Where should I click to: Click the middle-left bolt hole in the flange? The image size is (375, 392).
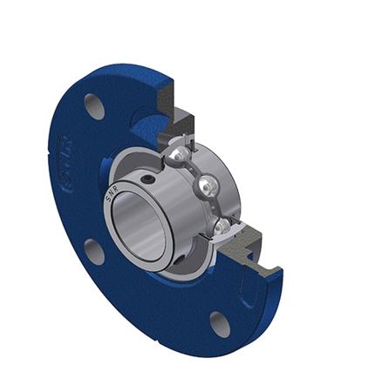[x=94, y=252]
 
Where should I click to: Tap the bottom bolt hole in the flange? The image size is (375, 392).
[x=220, y=324]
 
